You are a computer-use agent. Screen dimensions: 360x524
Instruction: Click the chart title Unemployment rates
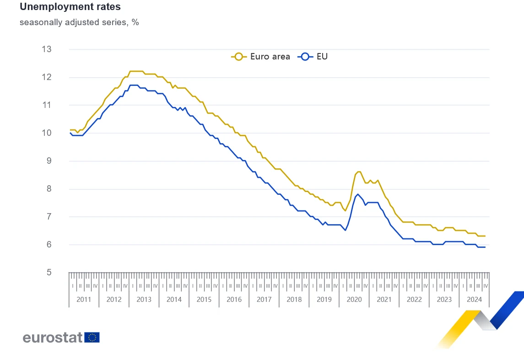click(70, 7)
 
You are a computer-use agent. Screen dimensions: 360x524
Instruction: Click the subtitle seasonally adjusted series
click(79, 22)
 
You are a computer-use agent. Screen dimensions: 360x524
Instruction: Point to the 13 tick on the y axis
click(59, 49)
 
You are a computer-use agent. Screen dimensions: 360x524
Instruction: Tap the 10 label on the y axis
click(59, 133)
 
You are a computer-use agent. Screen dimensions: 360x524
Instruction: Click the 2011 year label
click(84, 300)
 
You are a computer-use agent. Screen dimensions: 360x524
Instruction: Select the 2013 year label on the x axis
click(144, 300)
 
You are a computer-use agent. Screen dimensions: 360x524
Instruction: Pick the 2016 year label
click(234, 300)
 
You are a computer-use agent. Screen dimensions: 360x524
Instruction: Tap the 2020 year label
click(354, 300)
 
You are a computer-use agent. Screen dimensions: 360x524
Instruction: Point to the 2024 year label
click(474, 300)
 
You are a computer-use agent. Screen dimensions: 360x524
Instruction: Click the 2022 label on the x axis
click(414, 300)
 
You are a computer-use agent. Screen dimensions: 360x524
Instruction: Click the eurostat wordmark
click(53, 338)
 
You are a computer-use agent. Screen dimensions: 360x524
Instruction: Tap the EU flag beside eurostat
click(92, 338)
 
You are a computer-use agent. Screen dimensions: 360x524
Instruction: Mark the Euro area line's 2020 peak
click(358, 172)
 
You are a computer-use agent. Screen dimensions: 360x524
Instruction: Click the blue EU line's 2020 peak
click(358, 194)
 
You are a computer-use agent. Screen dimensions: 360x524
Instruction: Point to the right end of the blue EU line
click(485, 247)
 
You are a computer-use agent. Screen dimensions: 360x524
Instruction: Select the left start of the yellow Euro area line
click(70, 130)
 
